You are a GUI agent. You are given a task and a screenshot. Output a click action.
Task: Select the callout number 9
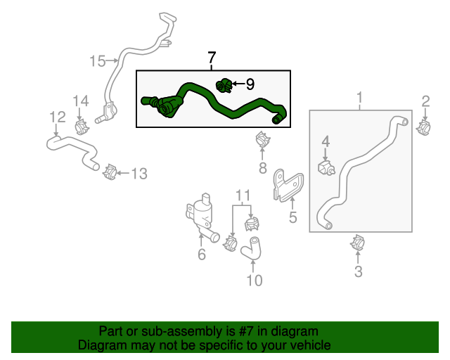coord(249,84)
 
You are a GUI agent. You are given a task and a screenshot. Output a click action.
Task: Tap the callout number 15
coord(97,61)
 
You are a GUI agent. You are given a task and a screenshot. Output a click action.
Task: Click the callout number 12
coord(57,117)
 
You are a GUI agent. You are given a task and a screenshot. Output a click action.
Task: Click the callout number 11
coord(243,195)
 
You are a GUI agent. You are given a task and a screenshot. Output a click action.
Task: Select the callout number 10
coord(254,281)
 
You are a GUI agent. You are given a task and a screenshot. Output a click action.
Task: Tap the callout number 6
coord(201,255)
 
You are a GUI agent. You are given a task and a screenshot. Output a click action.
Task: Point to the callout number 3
coord(358,271)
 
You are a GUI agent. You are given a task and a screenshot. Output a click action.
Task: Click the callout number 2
coord(425,101)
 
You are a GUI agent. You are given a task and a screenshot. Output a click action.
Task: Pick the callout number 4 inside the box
coord(326,142)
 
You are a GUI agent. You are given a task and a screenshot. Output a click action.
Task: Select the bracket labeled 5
coord(287,185)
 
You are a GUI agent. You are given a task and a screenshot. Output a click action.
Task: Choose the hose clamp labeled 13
coord(110,171)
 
